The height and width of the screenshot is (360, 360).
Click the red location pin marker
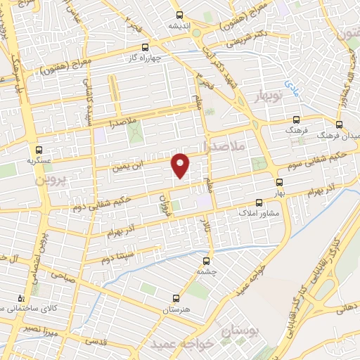pos(181,165)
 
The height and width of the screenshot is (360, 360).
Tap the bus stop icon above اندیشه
pos(179,14)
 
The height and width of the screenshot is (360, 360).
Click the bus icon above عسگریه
pos(39,150)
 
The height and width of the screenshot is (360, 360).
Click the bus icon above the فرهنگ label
pos(297,120)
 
